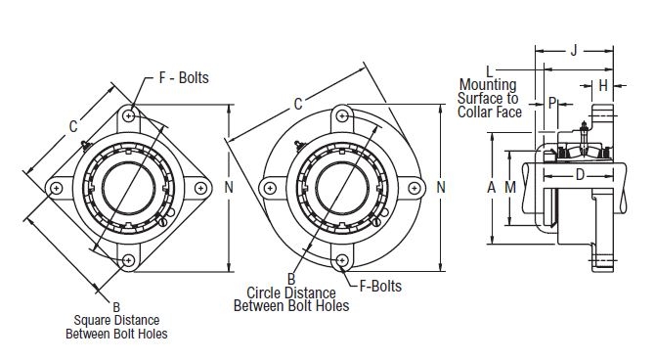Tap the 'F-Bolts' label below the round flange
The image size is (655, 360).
[380, 287]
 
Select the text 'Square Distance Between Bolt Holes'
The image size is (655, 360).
[116, 327]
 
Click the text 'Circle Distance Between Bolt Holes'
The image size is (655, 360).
[291, 298]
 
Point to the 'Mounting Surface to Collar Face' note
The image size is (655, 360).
[487, 99]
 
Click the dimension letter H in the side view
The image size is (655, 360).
[603, 86]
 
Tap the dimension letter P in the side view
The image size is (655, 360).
[552, 102]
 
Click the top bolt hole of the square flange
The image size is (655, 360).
[130, 116]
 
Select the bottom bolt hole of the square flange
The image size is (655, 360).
[130, 259]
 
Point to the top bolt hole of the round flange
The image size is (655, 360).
[342, 116]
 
